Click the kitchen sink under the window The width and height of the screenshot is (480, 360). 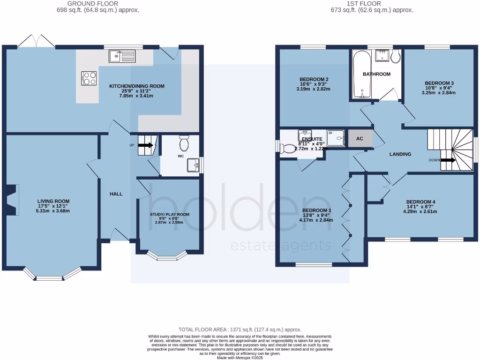[x=121, y=57]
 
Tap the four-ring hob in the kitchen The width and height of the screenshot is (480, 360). [x=89, y=78]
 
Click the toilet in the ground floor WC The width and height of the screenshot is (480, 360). [x=184, y=141]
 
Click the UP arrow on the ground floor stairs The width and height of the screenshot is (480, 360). [x=145, y=145]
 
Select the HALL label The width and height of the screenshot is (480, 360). [x=116, y=194]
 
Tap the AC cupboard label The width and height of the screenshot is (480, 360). [x=360, y=139]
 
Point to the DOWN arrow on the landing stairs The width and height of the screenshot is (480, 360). [x=448, y=160]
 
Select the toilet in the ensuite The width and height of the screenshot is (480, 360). [x=288, y=148]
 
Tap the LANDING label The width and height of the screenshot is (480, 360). [x=400, y=154]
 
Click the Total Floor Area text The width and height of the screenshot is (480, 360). [x=240, y=330]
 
